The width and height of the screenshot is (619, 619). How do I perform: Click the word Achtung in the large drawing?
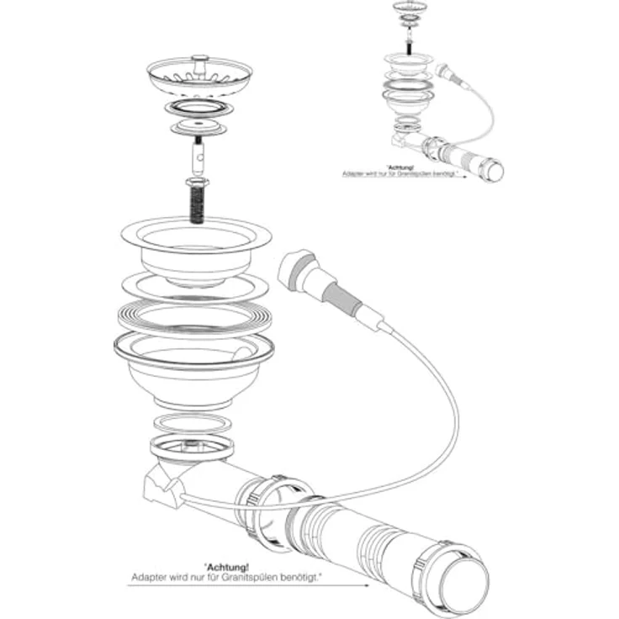point(227,568)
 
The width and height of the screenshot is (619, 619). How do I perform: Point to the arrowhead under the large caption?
point(367,585)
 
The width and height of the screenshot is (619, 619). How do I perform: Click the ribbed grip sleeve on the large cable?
point(341,299)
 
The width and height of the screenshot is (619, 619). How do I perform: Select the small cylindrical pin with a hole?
point(198,157)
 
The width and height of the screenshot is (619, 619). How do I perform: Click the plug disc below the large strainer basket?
point(198,127)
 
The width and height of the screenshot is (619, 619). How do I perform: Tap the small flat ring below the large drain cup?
point(193,424)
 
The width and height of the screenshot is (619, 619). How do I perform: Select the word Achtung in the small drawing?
point(399,168)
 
